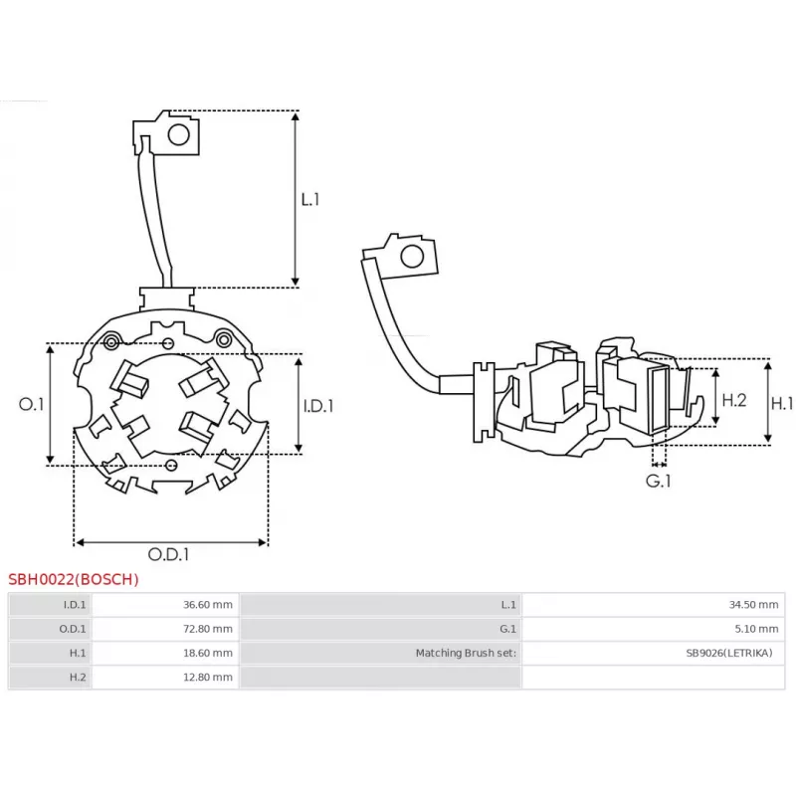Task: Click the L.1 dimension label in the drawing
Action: [310, 199]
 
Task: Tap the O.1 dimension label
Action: [32, 404]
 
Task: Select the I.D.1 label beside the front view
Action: [317, 406]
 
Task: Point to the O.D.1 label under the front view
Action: [168, 554]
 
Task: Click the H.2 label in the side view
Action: [733, 400]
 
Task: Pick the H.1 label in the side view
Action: [783, 403]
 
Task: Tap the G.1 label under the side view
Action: [659, 481]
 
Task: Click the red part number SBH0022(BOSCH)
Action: [74, 579]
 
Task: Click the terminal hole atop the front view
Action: [180, 133]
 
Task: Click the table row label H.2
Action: [78, 677]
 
